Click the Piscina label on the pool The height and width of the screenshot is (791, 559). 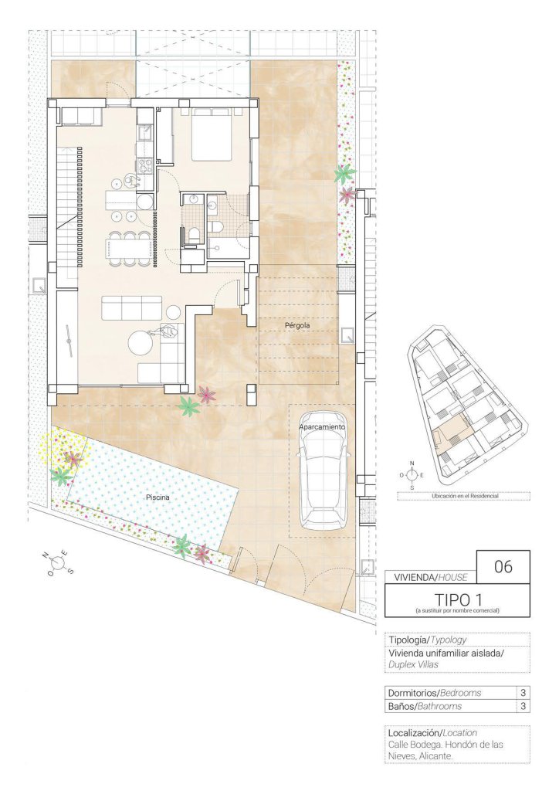158,497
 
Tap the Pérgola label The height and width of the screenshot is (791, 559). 297,326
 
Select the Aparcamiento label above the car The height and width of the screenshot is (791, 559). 322,426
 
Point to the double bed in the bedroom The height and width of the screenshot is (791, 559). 211,134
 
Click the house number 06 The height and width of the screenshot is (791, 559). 503,566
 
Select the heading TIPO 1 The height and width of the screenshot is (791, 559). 458,599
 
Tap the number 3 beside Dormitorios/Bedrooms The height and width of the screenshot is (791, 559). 523,693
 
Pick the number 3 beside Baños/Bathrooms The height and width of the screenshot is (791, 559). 523,706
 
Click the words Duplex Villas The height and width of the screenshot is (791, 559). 413,664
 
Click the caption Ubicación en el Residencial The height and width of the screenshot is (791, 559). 465,496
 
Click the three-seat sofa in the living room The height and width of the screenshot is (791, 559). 131,307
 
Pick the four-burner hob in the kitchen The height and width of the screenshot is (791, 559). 144,165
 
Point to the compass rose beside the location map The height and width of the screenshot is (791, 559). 412,475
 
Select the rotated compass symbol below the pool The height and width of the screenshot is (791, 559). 59,563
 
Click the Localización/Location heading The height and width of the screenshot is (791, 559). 432,732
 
